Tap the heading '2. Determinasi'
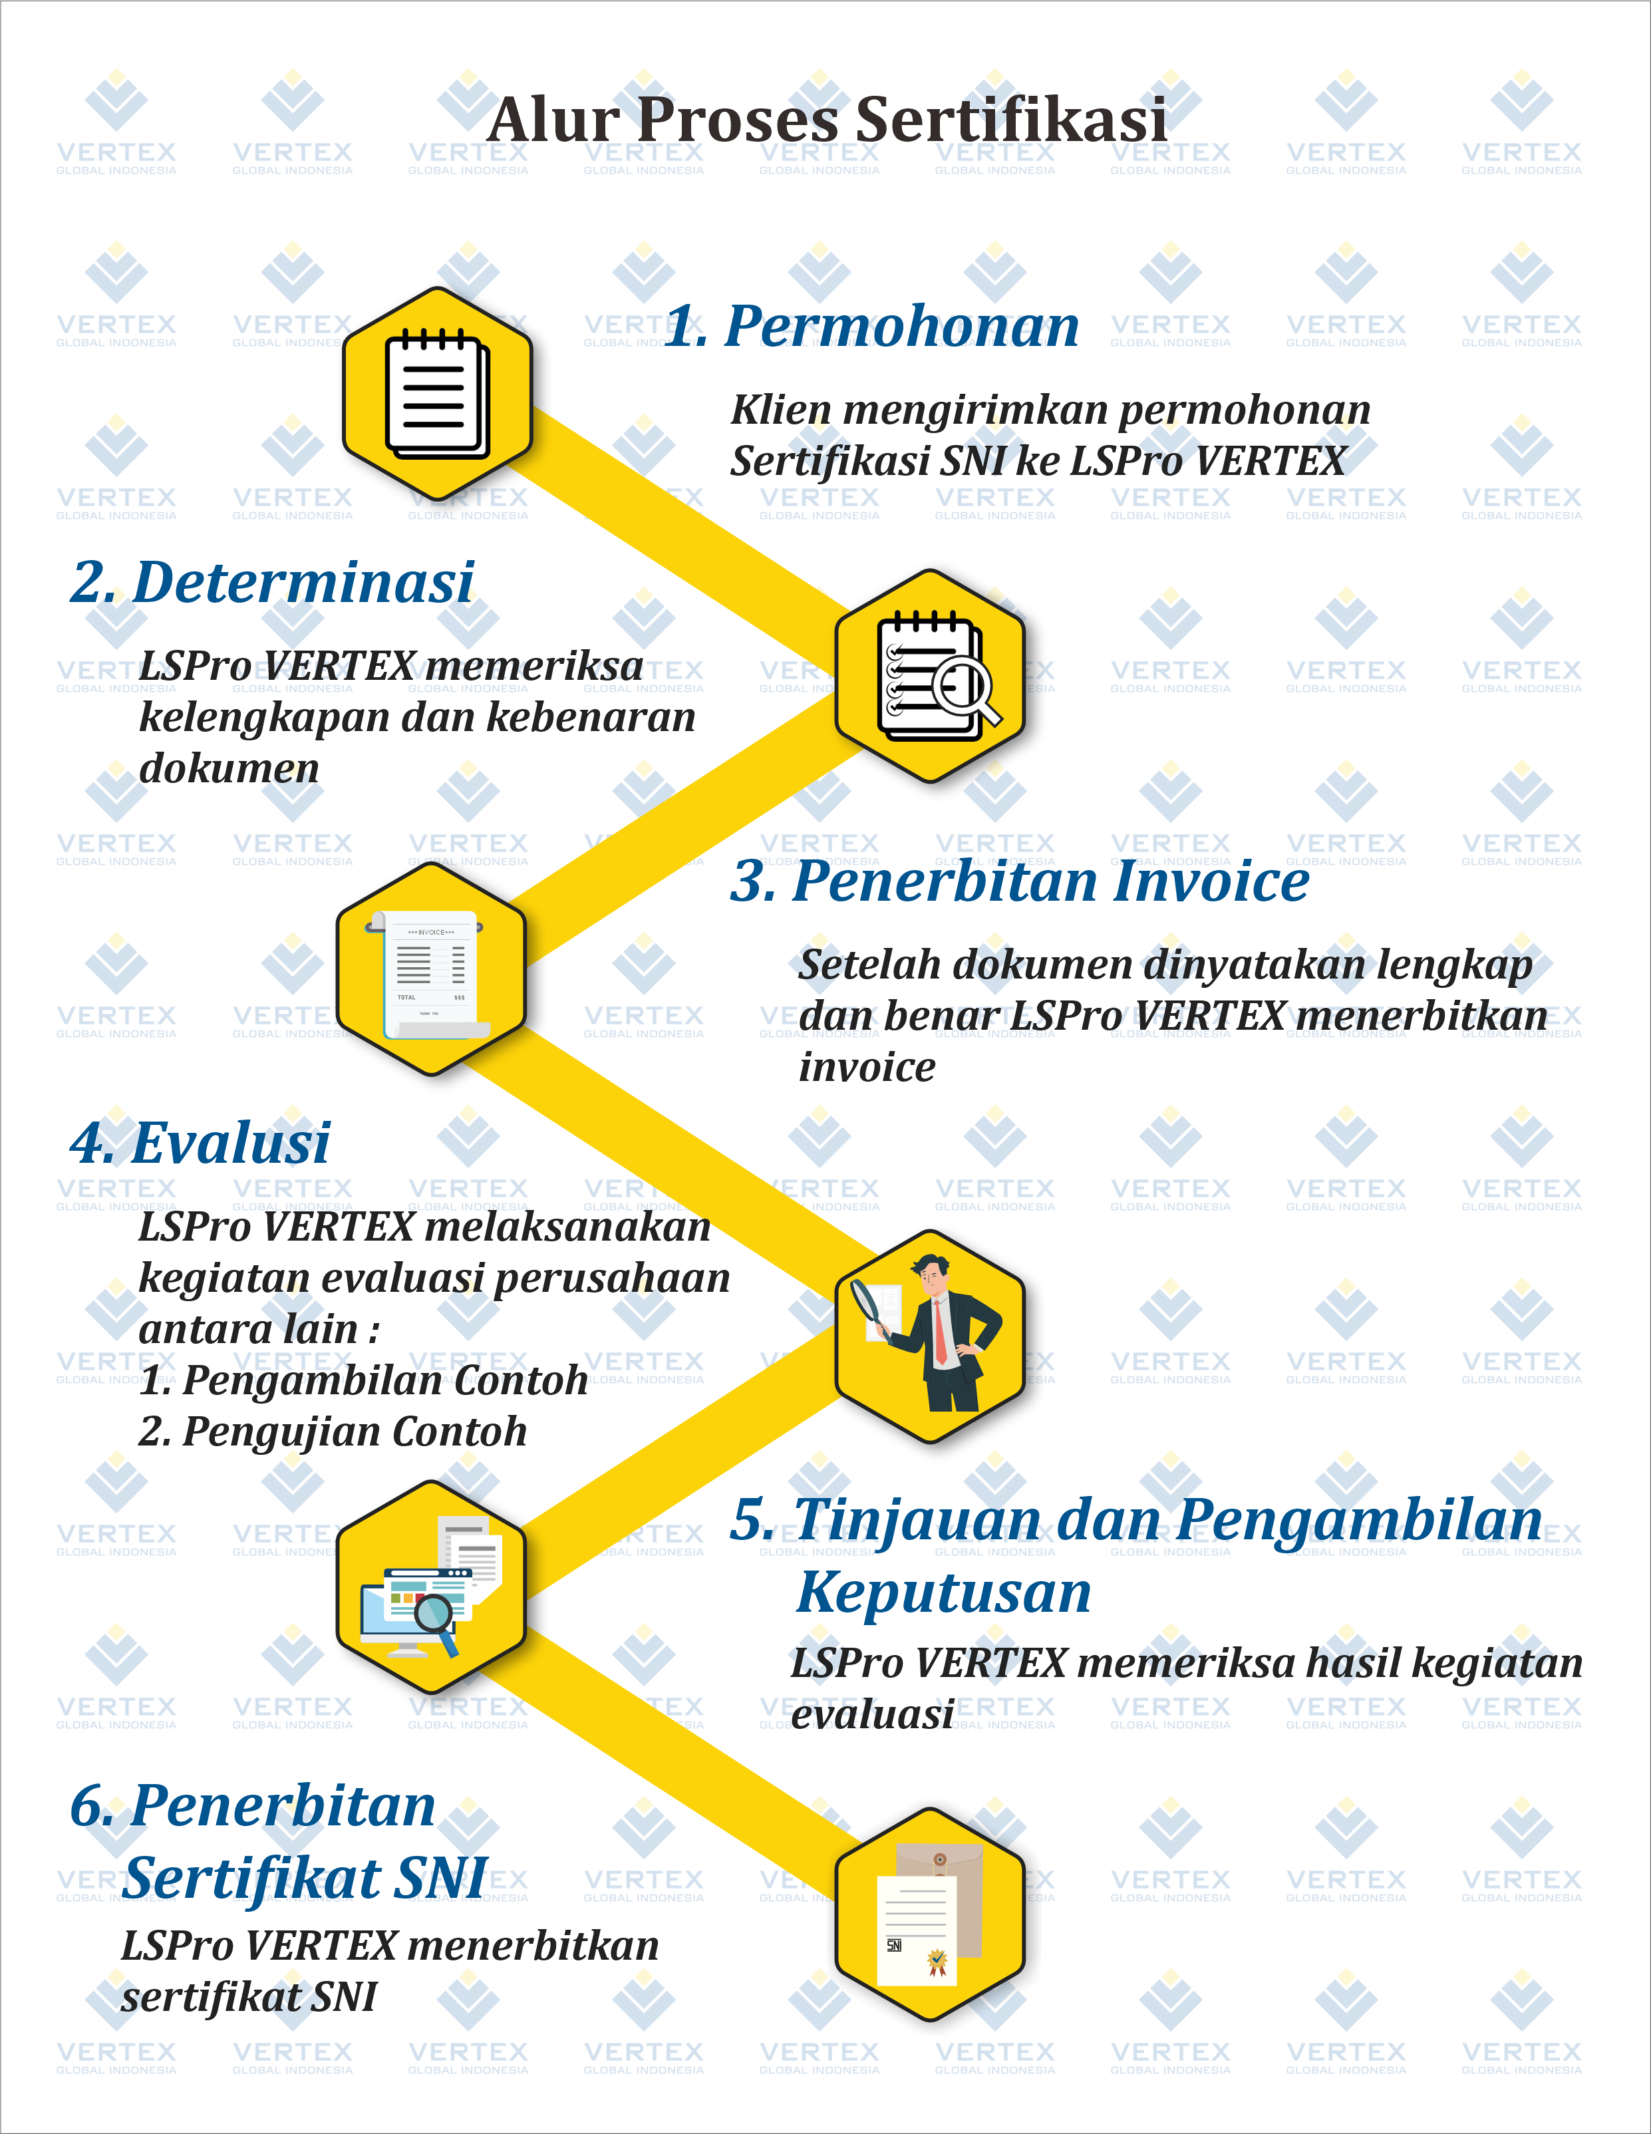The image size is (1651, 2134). [x=273, y=583]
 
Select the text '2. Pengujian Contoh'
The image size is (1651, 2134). [x=332, y=1432]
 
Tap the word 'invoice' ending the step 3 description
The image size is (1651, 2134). [x=867, y=1067]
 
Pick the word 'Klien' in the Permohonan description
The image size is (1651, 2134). [x=780, y=410]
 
